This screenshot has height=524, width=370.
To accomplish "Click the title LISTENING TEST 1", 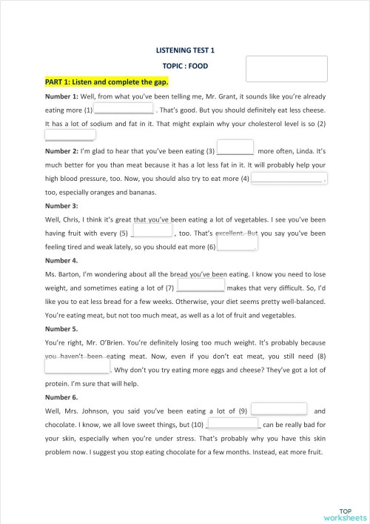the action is (x=185, y=50).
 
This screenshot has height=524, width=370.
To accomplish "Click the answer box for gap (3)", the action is (x=235, y=148).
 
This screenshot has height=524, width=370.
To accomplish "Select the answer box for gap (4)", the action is (x=288, y=178).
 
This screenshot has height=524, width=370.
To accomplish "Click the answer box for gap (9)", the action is (x=279, y=409).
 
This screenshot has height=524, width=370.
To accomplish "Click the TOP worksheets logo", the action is (x=343, y=514).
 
